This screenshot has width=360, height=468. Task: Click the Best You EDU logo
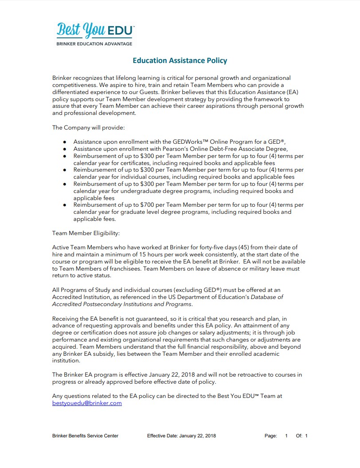click(95, 30)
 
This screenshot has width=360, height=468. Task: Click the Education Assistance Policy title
click(180, 60)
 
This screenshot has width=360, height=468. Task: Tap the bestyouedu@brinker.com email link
click(87, 403)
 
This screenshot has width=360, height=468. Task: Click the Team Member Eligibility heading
click(86, 233)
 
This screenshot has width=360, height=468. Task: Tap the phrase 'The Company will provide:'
click(88, 127)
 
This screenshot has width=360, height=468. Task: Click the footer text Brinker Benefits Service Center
click(85, 436)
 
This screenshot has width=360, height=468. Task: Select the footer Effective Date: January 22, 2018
click(181, 436)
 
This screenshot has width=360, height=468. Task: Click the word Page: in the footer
click(270, 436)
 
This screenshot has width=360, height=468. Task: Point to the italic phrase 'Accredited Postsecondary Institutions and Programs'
click(122, 304)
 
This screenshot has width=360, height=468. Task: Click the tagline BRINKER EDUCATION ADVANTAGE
click(94, 44)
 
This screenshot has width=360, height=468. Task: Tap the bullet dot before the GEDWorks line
click(64, 142)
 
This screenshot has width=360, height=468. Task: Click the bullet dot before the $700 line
click(64, 205)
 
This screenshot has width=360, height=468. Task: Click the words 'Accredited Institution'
click(85, 297)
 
